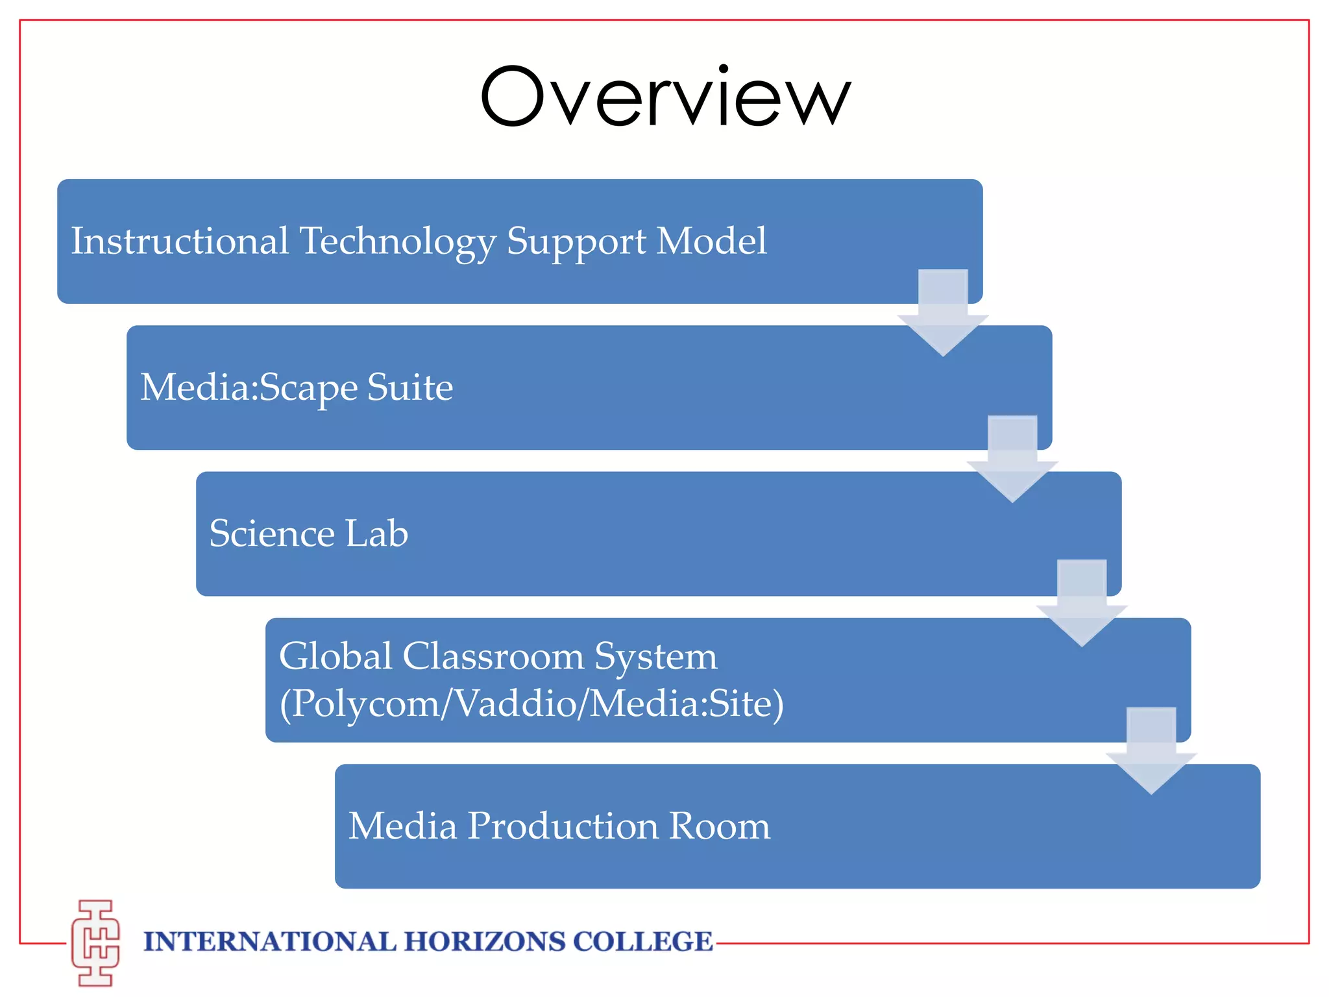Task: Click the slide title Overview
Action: click(x=664, y=97)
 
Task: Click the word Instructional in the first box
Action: click(x=180, y=241)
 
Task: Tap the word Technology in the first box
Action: click(x=397, y=242)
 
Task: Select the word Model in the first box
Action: click(x=712, y=241)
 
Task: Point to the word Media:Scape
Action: click(x=249, y=388)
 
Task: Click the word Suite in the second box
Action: click(x=410, y=388)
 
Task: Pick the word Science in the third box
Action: click(x=272, y=534)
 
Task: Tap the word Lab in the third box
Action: click(x=377, y=534)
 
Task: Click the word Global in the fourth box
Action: click(x=335, y=656)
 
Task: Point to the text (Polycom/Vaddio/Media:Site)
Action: click(x=531, y=704)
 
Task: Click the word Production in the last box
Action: click(x=563, y=826)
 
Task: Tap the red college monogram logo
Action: click(x=96, y=942)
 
